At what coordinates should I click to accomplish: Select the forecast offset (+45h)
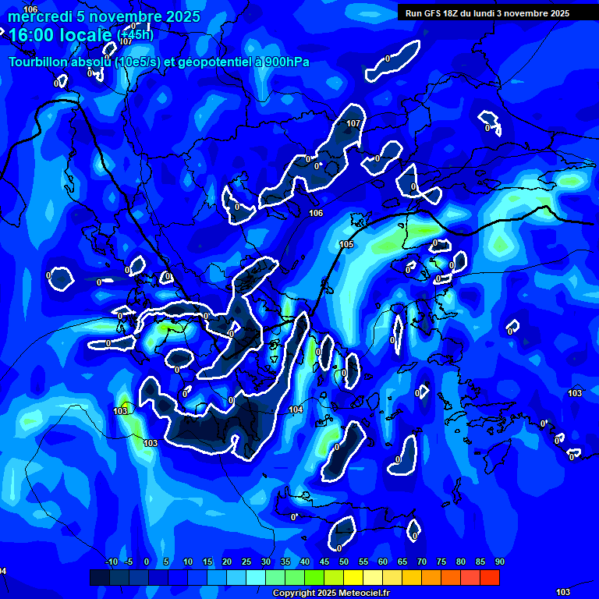point(135,34)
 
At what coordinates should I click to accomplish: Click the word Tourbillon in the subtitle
point(39,62)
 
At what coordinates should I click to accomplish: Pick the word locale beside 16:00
point(88,35)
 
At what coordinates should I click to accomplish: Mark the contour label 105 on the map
point(346,245)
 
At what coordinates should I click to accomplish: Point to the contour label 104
point(296,409)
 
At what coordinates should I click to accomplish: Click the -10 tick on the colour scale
point(111,562)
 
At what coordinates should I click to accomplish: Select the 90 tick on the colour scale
point(499,562)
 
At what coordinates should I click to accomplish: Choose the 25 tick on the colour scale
point(246,562)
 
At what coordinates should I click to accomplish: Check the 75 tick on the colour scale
point(441,562)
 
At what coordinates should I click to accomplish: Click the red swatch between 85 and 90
point(490,577)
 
